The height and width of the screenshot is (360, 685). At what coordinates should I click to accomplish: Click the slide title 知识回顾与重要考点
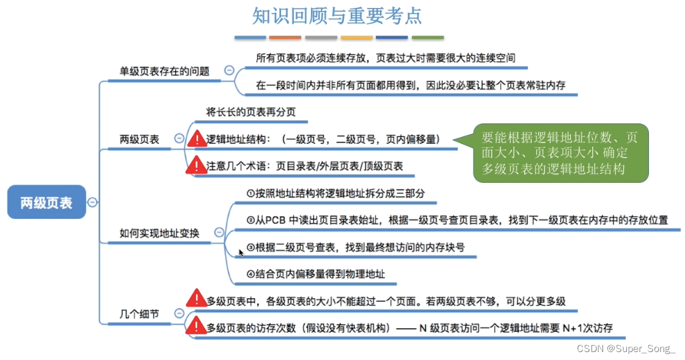click(x=337, y=16)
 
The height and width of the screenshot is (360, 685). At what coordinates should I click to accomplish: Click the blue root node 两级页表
click(x=46, y=202)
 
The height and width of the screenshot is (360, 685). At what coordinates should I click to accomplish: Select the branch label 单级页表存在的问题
click(x=164, y=71)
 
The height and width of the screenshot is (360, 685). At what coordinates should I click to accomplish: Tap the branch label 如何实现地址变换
click(x=159, y=233)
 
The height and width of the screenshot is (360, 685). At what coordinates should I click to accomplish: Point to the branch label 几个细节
click(x=139, y=314)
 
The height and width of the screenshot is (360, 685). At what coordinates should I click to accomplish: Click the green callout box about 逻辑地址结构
click(x=559, y=153)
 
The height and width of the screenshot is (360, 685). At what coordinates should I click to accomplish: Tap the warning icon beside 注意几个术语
click(x=197, y=166)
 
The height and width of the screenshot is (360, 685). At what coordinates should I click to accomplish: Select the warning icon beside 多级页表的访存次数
click(x=197, y=327)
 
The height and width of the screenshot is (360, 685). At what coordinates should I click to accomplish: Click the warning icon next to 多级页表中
click(x=197, y=299)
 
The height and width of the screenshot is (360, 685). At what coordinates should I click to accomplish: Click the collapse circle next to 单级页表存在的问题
click(x=229, y=71)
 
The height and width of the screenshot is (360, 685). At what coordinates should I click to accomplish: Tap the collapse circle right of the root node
click(x=92, y=202)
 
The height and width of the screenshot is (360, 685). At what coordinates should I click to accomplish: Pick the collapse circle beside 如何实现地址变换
click(x=219, y=232)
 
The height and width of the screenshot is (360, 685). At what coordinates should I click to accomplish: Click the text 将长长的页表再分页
click(x=251, y=112)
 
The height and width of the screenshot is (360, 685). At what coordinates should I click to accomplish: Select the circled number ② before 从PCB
click(x=251, y=220)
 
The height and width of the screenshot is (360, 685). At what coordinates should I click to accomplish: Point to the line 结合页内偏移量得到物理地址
click(x=320, y=274)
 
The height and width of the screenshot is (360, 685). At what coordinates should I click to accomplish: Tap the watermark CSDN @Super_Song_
click(x=626, y=348)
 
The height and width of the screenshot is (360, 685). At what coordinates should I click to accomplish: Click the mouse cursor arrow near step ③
click(x=241, y=252)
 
